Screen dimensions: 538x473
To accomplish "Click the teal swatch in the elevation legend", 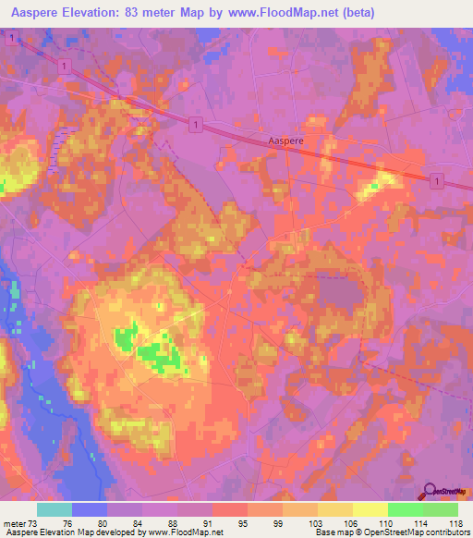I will [55, 509].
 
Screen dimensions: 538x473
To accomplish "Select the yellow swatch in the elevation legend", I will [370, 509].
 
